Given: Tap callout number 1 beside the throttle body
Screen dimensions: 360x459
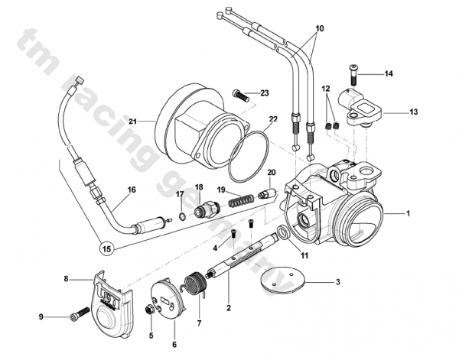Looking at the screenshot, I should coord(409,213).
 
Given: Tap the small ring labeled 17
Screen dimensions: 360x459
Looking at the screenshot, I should coord(181,216).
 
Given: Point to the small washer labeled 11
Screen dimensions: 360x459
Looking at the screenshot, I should coord(283,232).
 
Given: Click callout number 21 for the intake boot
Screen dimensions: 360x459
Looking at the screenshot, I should coord(132,122).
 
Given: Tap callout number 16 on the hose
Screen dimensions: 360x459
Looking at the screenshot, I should coord(132,190).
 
